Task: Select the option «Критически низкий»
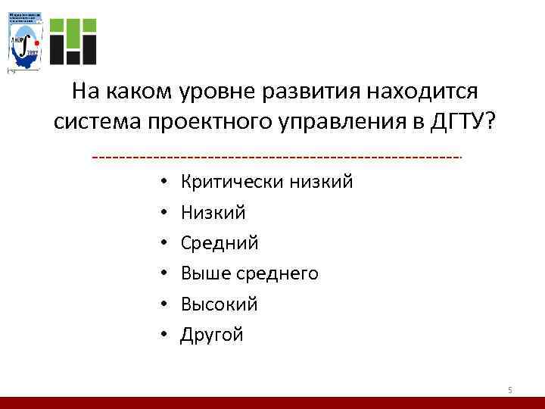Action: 266,182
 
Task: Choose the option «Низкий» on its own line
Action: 213,213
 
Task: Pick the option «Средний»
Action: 219,243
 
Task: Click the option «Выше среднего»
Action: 249,273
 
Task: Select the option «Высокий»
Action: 219,304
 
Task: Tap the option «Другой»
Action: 211,335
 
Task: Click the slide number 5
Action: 509,389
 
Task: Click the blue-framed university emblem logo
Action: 25,42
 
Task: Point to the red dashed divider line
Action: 276,158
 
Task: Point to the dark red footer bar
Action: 272,402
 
